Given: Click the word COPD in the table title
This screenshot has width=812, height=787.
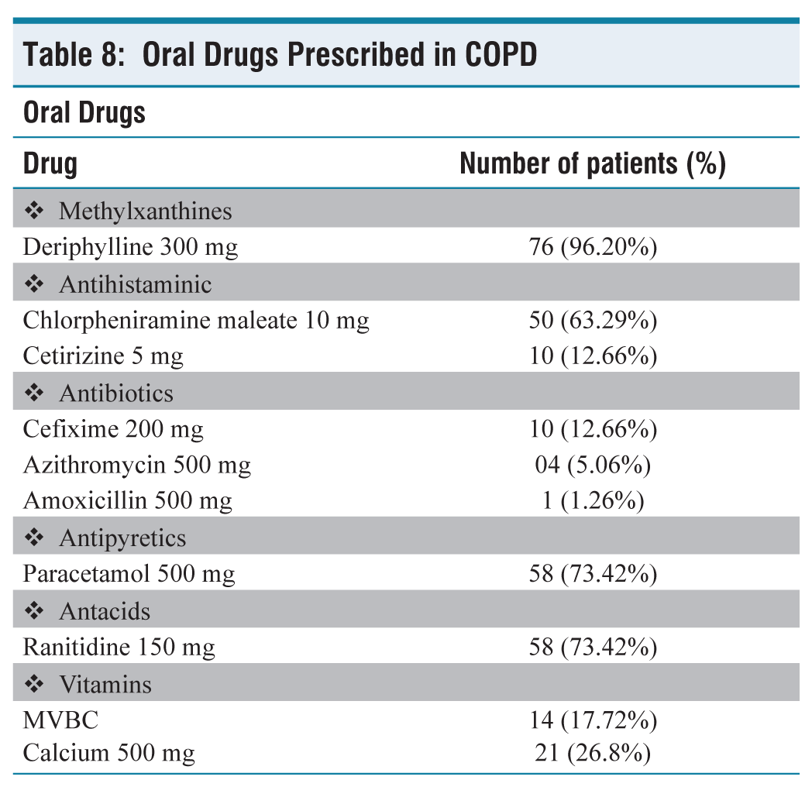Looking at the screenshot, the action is click(x=501, y=54).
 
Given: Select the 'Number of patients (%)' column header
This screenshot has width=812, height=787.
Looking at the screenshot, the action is click(x=593, y=163).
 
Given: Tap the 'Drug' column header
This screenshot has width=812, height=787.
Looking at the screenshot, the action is click(x=50, y=164).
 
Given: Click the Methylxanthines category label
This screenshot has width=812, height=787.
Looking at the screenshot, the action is click(x=146, y=211).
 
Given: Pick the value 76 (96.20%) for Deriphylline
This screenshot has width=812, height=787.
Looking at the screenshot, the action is click(x=593, y=247).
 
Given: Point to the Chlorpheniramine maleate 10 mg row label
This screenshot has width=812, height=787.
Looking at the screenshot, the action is click(x=196, y=321).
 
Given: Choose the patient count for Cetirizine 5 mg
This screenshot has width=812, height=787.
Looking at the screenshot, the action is click(x=593, y=356).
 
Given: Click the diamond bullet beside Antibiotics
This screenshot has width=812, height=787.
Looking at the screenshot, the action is click(x=34, y=393).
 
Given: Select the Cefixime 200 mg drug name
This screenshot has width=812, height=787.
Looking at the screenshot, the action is click(x=113, y=429).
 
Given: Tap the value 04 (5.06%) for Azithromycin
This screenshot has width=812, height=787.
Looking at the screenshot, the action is click(x=593, y=465).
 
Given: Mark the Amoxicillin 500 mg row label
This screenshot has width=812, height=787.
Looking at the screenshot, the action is click(x=128, y=500).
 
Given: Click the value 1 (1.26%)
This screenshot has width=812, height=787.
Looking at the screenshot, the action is click(x=593, y=500).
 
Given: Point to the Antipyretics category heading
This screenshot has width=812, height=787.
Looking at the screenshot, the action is click(x=122, y=538).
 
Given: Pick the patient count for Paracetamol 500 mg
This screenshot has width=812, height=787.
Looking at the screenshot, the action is click(x=593, y=574).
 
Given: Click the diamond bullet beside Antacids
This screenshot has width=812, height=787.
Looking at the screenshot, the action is click(x=34, y=611).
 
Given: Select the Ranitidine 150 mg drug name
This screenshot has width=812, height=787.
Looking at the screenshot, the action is click(x=119, y=648).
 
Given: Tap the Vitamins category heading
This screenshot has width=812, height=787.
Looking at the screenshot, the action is click(x=105, y=685).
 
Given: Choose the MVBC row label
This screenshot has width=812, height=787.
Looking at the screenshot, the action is click(x=60, y=720).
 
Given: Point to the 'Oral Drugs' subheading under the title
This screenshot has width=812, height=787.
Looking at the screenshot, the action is click(x=84, y=112).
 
